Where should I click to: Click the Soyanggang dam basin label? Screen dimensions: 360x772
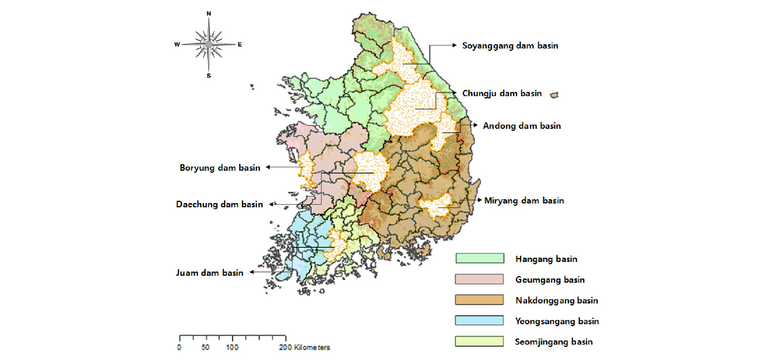[510, 46]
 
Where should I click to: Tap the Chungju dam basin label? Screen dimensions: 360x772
[502, 93]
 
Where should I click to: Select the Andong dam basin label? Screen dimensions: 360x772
[522, 126]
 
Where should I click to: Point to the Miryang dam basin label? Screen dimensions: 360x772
[524, 201]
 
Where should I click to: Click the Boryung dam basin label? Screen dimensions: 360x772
[220, 168]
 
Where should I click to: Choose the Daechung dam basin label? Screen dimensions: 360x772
[219, 205]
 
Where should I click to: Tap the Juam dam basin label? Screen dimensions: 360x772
[210, 273]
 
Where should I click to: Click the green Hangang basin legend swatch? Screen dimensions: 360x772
[479, 258]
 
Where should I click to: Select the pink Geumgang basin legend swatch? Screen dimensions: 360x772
[479, 279]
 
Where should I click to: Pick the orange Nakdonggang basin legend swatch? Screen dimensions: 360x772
[479, 300]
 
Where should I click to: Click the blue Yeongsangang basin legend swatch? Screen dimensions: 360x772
[479, 321]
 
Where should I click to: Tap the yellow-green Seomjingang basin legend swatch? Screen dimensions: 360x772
[479, 342]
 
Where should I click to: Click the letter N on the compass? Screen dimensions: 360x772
[209, 13]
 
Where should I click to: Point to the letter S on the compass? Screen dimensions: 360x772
[209, 76]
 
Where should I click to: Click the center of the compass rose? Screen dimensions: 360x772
[209, 45]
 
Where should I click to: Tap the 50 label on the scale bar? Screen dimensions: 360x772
[205, 347]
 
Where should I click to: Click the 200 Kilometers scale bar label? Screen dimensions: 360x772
[304, 347]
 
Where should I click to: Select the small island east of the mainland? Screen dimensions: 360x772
[554, 95]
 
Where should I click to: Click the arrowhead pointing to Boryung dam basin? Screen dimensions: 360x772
[268, 167]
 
